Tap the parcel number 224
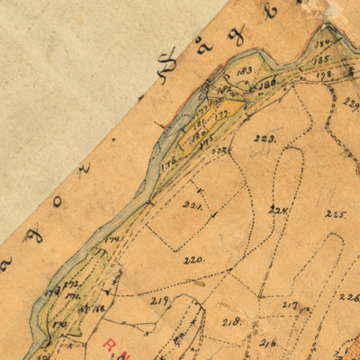point(278,211)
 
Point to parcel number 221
point(191,205)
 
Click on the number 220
point(193,260)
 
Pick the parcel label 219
point(160,300)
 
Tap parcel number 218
point(231,321)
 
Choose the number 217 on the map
point(290,305)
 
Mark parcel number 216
point(268,342)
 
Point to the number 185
point(322,60)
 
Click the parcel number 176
point(167,162)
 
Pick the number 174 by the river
point(112,238)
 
